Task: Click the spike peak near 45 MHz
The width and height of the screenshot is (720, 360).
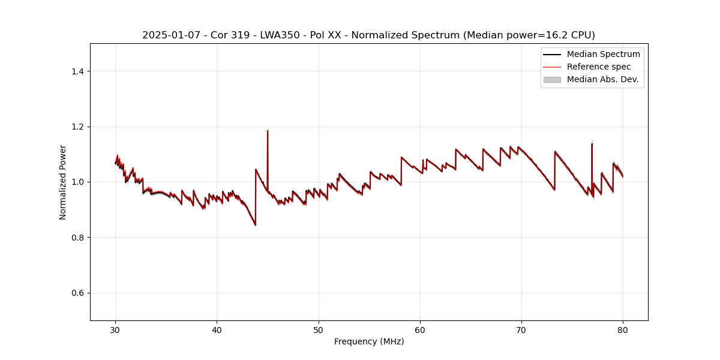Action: click(x=268, y=131)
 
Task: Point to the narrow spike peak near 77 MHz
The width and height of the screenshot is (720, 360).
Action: click(x=592, y=144)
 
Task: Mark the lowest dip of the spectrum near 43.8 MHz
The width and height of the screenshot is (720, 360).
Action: click(x=255, y=225)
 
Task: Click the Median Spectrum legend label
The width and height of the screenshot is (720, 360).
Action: click(x=603, y=54)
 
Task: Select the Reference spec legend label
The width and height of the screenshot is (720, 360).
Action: click(x=598, y=67)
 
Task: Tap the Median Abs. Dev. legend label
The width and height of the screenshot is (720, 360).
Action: click(x=602, y=79)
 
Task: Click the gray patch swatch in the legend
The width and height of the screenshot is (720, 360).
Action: click(x=552, y=79)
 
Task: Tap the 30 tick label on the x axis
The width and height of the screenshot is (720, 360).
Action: click(x=115, y=330)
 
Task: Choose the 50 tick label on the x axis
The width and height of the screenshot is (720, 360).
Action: click(x=319, y=330)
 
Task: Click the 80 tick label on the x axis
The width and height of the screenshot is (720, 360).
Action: click(x=623, y=330)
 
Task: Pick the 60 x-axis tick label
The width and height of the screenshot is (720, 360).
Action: click(x=420, y=330)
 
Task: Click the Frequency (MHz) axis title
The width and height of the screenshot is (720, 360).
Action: click(x=369, y=341)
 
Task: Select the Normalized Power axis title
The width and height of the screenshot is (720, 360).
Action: click(x=63, y=182)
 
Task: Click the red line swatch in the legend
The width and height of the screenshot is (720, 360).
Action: click(x=552, y=67)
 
